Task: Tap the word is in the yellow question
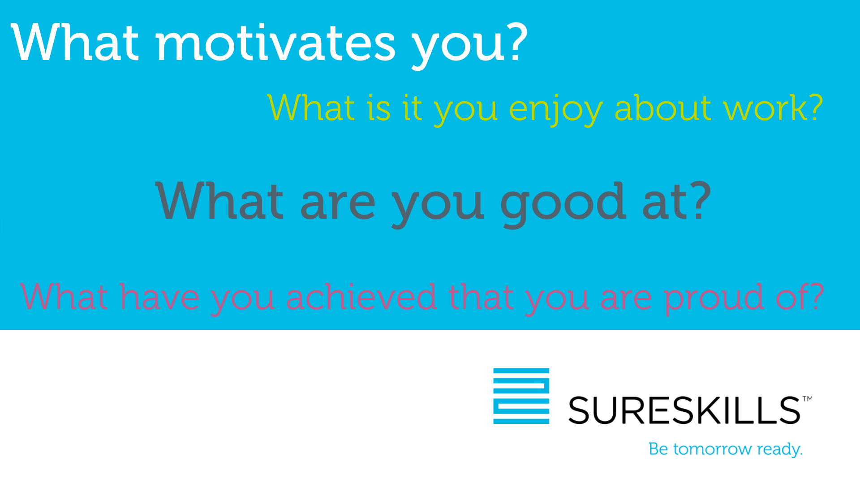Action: coord(379,108)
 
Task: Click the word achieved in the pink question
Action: coord(361,297)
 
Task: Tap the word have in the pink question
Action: coord(159,297)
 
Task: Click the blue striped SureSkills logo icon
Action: coord(521,396)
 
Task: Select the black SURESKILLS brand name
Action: coord(684,410)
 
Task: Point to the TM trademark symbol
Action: coord(807,398)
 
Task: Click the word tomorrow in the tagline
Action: coord(713,449)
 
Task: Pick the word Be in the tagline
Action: coord(658,449)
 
